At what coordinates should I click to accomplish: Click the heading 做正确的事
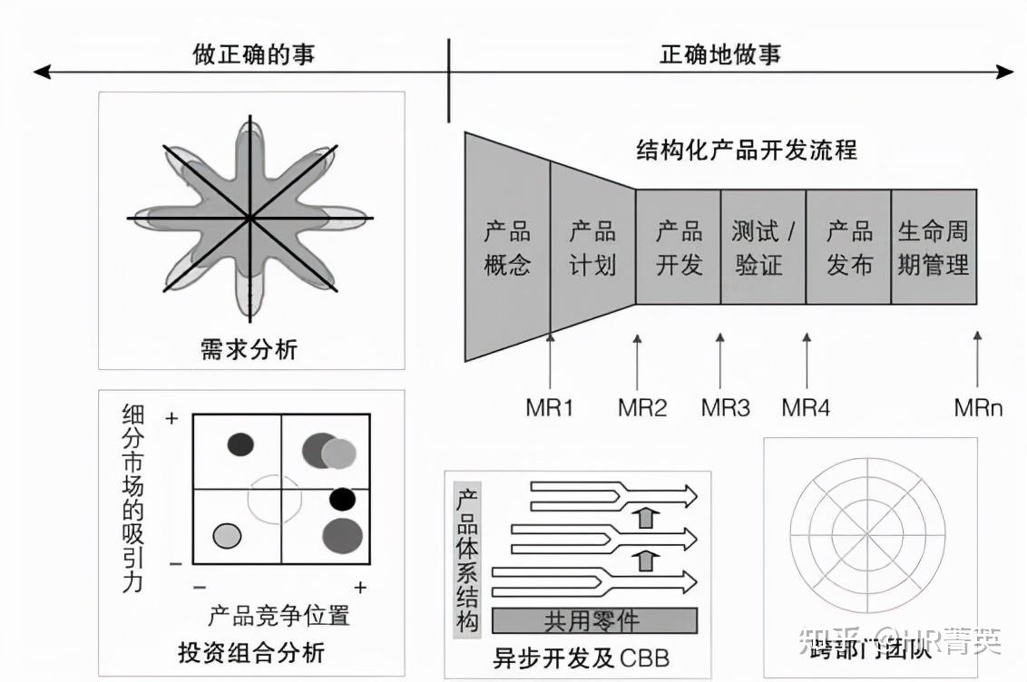coord(254,54)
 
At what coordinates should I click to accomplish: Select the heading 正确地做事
coord(719,54)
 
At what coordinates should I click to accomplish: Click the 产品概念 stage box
coord(507,248)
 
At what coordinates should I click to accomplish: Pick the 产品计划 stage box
coord(592,248)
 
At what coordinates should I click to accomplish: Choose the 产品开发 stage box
coord(679,248)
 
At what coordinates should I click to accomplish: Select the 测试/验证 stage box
coord(763,248)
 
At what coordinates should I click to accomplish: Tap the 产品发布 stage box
coord(848,248)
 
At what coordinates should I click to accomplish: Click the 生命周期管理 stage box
coord(934,248)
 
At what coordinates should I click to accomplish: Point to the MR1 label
coord(550,407)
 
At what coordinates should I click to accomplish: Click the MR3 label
coord(725,407)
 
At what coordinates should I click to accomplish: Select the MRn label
coord(978,407)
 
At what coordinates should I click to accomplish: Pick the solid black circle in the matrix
coord(342,499)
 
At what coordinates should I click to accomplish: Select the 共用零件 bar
coord(594,620)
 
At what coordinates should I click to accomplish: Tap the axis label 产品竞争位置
coord(279,616)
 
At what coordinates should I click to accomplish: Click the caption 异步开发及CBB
coord(581,656)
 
